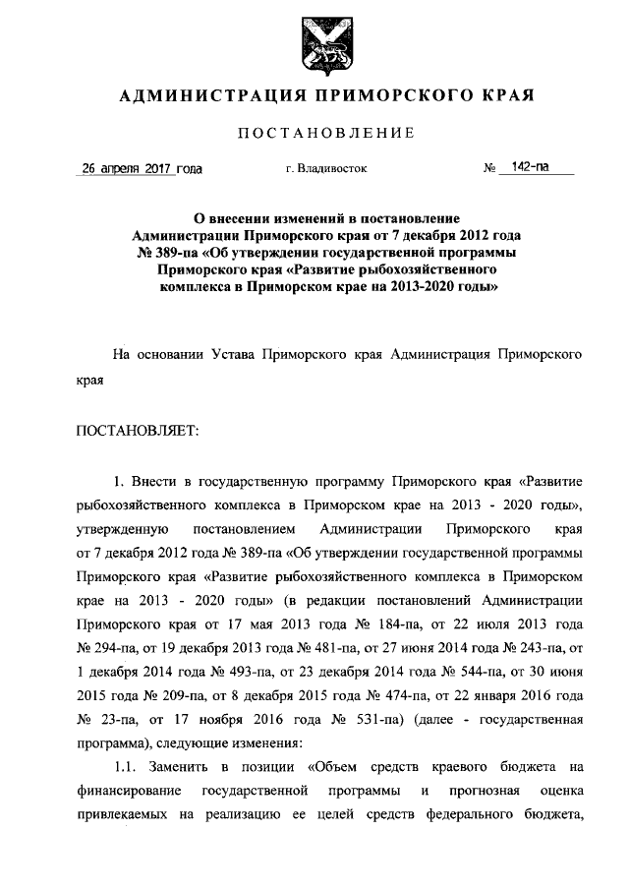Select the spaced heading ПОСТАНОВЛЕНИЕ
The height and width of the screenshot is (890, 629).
(314, 134)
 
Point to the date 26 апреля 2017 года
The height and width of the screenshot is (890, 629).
(142, 168)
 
